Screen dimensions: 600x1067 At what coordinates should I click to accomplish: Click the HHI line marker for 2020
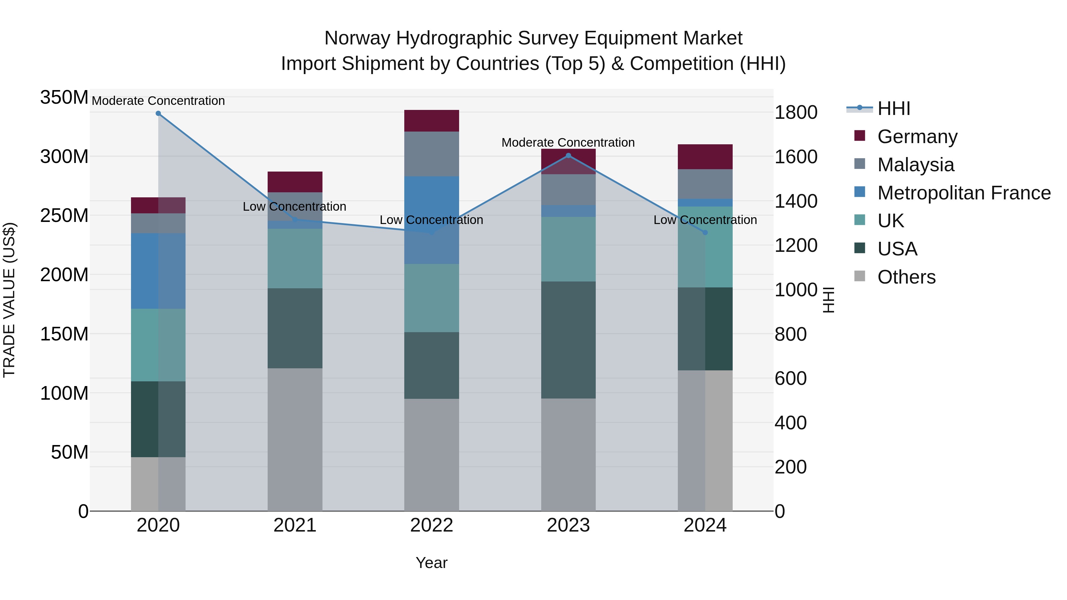coord(158,113)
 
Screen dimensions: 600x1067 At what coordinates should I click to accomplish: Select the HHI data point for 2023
coord(568,156)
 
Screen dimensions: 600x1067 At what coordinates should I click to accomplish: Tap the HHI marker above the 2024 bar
coord(705,233)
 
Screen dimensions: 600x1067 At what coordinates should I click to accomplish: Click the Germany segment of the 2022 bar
coord(432,121)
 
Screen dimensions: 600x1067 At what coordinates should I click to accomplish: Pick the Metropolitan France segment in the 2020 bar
coord(158,271)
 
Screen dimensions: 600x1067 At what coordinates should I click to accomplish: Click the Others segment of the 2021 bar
coord(295,439)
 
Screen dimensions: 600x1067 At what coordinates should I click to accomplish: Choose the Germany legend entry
coord(917,137)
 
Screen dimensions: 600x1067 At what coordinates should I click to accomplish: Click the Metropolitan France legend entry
coord(964,193)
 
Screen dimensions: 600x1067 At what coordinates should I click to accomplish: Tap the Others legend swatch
coord(860,276)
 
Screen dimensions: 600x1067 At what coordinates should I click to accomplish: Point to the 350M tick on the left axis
coord(64,98)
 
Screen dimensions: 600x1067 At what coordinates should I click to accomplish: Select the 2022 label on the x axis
coord(432,525)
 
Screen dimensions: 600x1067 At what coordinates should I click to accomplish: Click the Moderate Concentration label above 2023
coord(568,143)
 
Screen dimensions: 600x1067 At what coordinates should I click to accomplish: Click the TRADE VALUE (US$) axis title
coord(9,300)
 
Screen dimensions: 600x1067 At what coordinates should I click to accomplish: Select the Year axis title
coord(432,563)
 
